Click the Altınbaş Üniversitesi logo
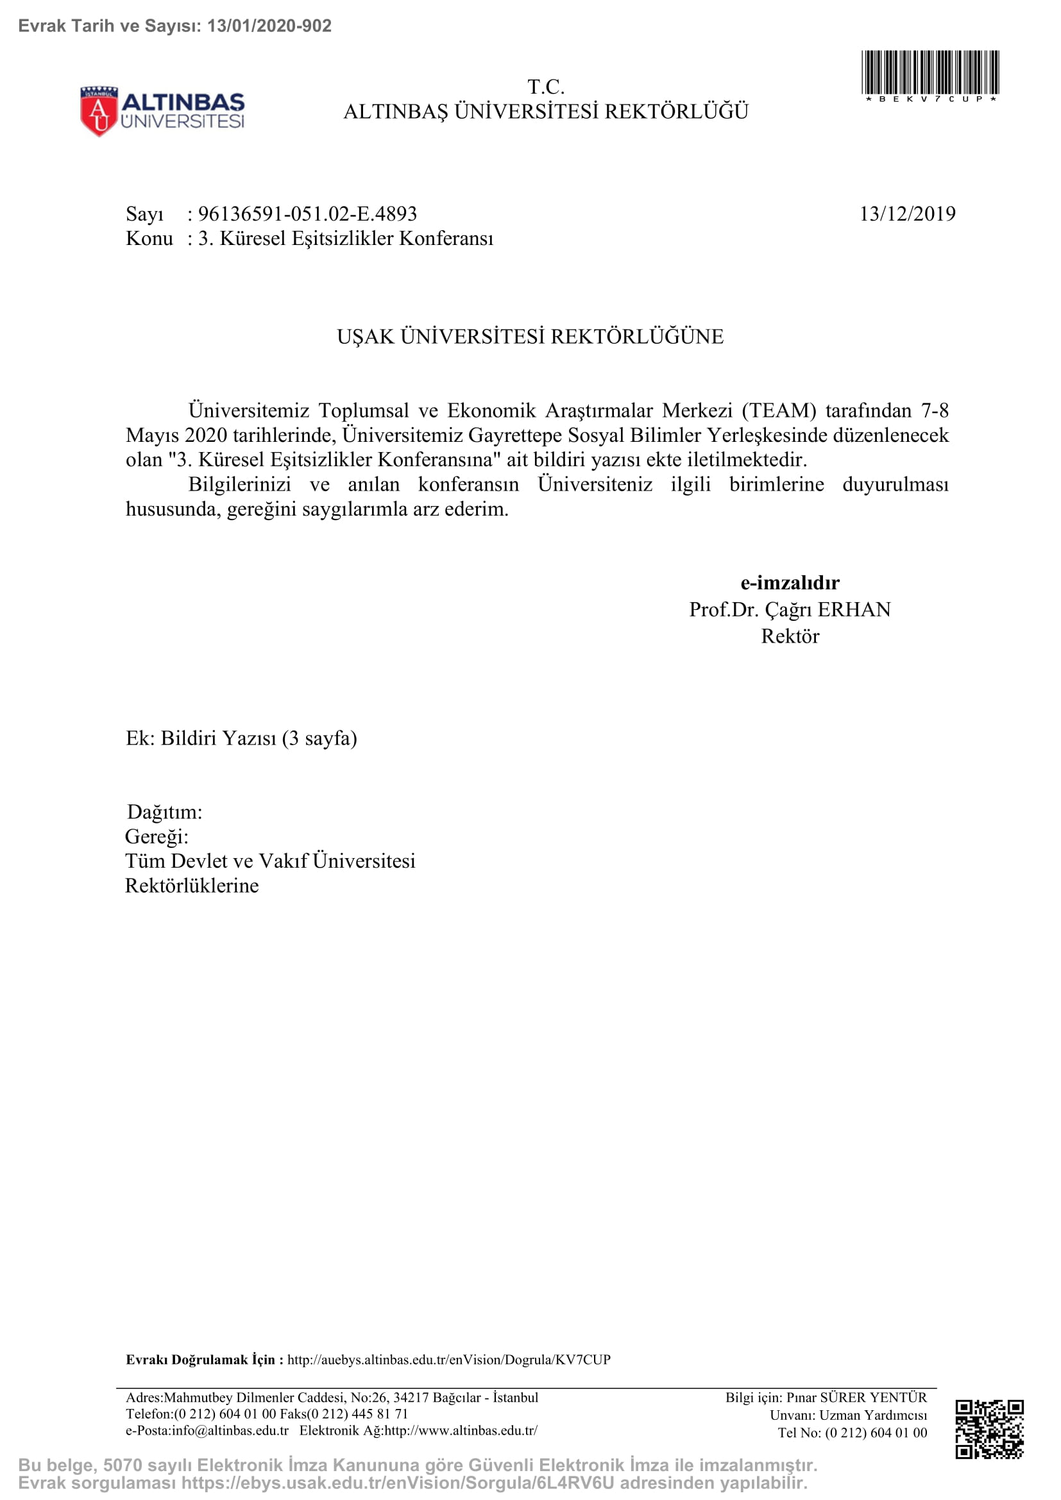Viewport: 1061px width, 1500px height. pyautogui.click(x=162, y=111)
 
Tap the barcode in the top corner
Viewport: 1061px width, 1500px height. pyautogui.click(x=929, y=73)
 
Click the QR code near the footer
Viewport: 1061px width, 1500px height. pyautogui.click(x=989, y=1429)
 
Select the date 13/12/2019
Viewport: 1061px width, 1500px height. pyautogui.click(x=907, y=214)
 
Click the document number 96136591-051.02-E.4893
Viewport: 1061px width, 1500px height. pyautogui.click(x=307, y=214)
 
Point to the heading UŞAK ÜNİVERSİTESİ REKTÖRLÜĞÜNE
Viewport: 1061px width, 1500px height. pyautogui.click(x=530, y=337)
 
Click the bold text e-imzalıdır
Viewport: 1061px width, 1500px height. pyautogui.click(x=790, y=582)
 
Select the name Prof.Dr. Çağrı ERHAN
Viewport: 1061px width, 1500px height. pyautogui.click(x=790, y=609)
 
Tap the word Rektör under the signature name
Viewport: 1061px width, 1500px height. pyautogui.click(x=790, y=636)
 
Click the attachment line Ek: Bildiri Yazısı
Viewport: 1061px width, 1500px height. pyautogui.click(x=241, y=738)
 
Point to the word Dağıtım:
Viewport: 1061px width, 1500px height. pyautogui.click(x=165, y=812)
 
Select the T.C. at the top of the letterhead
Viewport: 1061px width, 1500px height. pyautogui.click(x=545, y=86)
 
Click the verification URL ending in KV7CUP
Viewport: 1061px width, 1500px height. pyautogui.click(x=449, y=1360)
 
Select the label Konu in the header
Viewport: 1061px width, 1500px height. pyautogui.click(x=149, y=239)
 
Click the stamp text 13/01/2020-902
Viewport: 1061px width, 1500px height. pyautogui.click(x=269, y=26)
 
